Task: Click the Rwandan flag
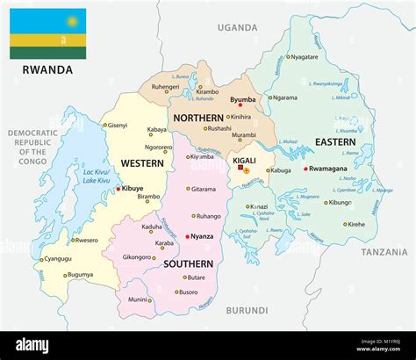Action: pos(47,33)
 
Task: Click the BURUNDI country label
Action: pos(245,310)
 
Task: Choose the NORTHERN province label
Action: pos(198,118)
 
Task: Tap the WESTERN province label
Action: pos(141,162)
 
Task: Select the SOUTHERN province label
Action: pos(187,263)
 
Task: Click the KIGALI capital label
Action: pos(245,162)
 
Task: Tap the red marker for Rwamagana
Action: pos(305,169)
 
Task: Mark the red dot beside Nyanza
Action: pos(187,236)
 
